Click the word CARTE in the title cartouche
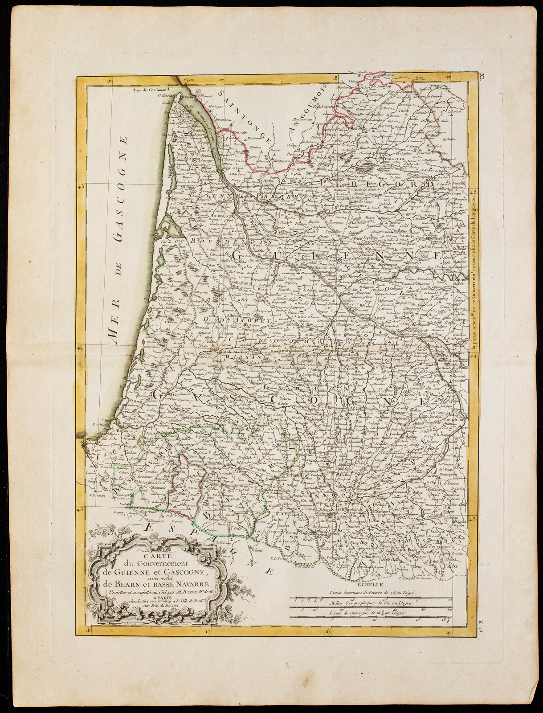coord(151,555)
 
